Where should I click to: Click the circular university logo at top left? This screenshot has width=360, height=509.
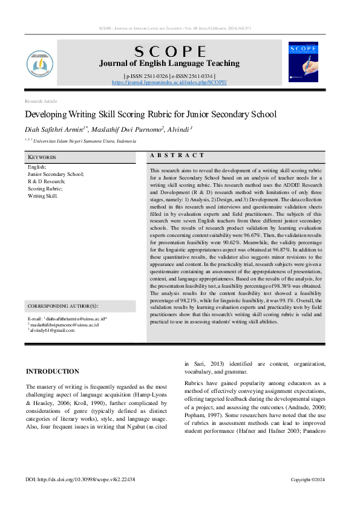point(41,63)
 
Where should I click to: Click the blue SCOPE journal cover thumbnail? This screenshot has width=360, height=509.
point(303,62)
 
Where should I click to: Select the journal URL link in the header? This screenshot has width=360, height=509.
point(169,82)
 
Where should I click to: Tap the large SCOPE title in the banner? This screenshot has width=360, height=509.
point(169,51)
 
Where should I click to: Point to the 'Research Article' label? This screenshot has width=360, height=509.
point(41,101)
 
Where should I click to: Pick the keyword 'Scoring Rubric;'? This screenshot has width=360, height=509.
point(45,189)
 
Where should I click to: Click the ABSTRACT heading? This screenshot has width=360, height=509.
point(177,155)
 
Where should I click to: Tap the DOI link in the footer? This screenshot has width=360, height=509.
point(80,479)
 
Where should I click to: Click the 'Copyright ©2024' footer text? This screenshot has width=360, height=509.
point(308,479)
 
